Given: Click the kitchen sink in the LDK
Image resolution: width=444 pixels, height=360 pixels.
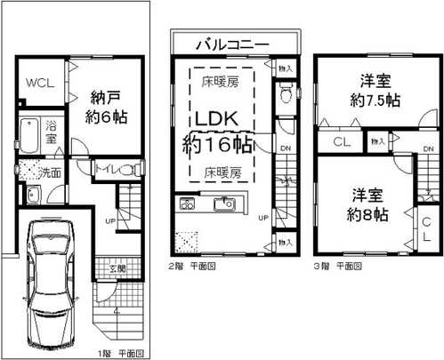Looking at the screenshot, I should pos(221,204).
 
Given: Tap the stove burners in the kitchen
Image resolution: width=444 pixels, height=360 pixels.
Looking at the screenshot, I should pos(189,204).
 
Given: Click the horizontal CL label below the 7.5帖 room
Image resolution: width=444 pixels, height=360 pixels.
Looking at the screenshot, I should pos(341,141).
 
